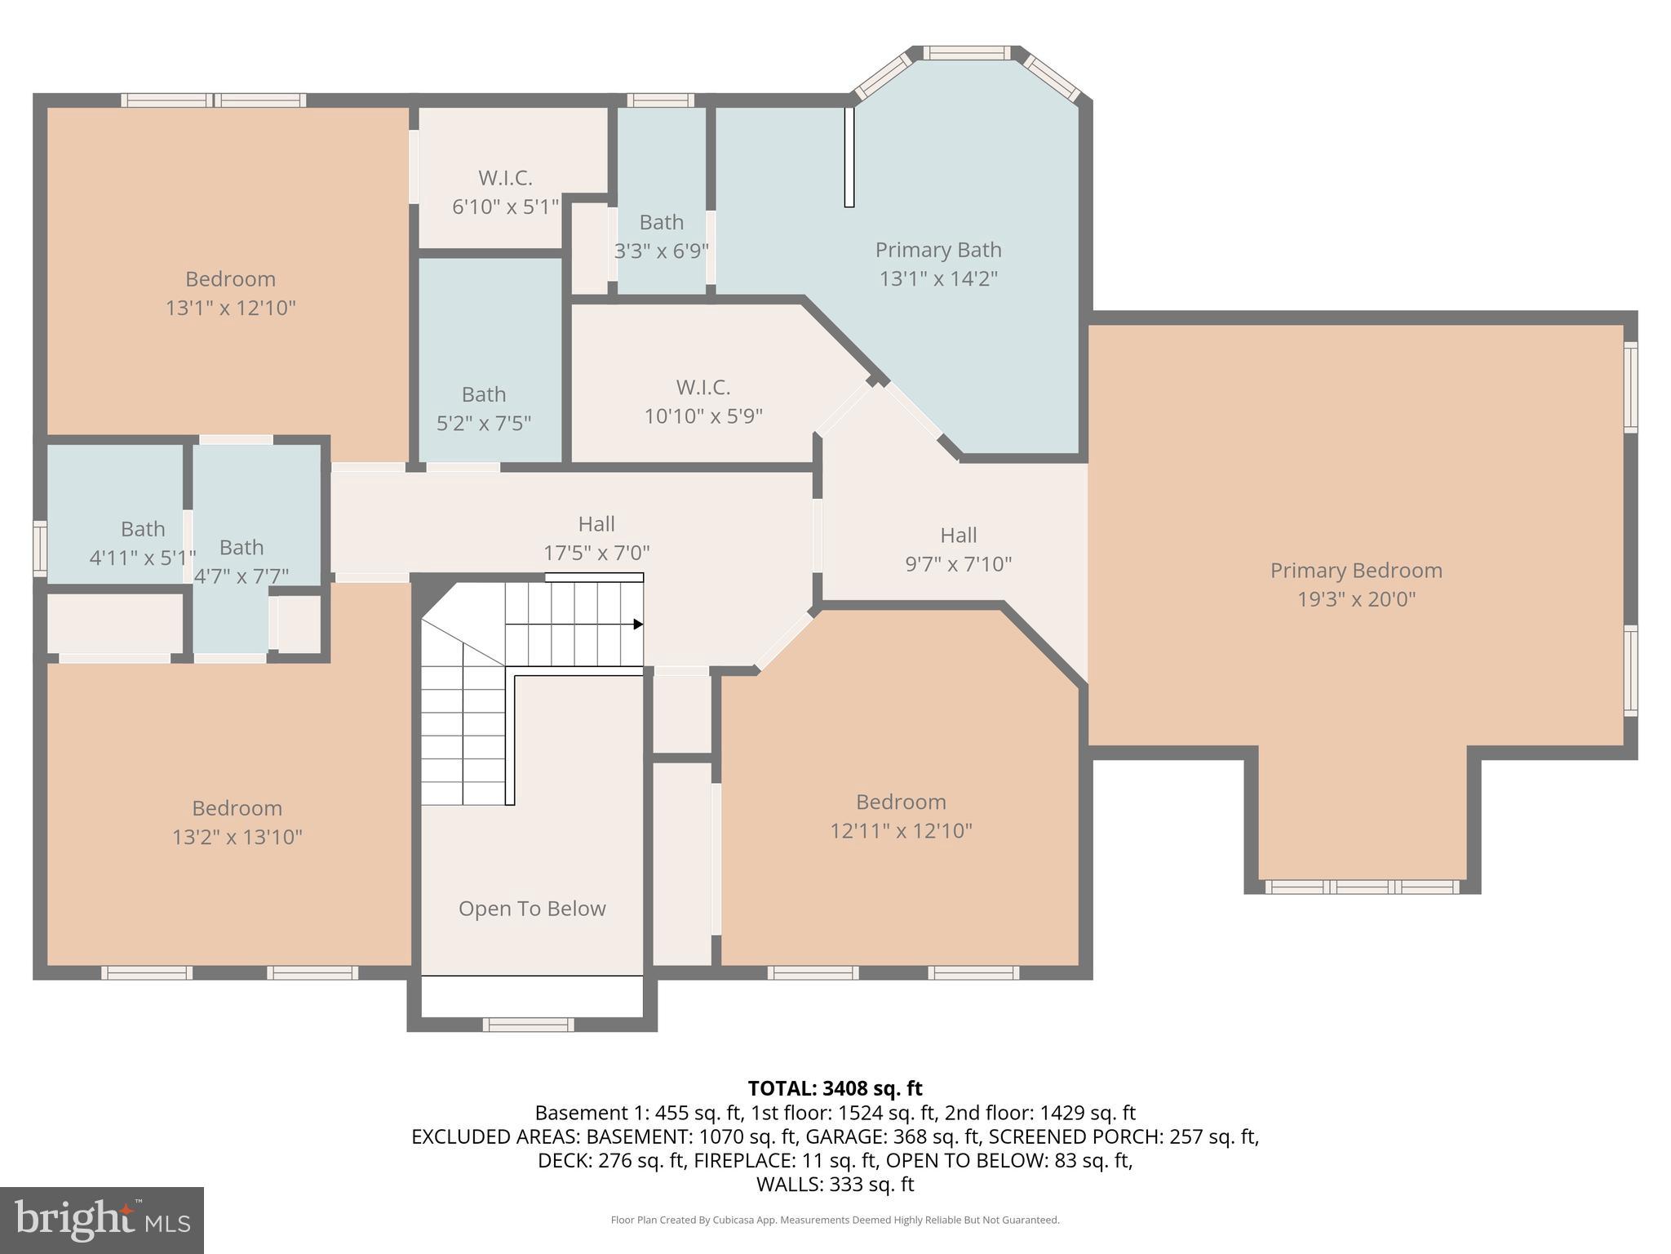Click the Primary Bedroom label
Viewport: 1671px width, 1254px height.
click(x=1356, y=571)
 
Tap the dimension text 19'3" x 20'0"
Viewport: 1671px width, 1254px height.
click(x=1356, y=599)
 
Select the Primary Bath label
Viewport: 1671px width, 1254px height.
click(x=938, y=250)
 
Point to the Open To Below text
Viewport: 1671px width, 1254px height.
click(x=532, y=909)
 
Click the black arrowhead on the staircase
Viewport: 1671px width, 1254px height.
click(x=638, y=625)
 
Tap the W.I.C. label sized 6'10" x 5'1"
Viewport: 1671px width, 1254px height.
click(x=505, y=178)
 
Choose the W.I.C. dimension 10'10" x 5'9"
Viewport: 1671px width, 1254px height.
click(x=703, y=416)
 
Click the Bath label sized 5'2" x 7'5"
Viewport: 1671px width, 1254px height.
click(x=484, y=394)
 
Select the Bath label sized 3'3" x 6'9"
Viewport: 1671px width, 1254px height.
click(x=661, y=222)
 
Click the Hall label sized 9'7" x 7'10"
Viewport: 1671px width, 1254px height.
click(x=958, y=536)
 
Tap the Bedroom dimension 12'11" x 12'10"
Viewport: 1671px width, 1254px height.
click(x=901, y=831)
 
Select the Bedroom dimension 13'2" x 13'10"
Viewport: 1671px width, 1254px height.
click(x=237, y=838)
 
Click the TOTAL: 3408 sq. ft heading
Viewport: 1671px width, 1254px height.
click(x=835, y=1088)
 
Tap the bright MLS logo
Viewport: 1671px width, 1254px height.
click(x=102, y=1220)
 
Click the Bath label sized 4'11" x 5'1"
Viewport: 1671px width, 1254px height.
click(x=143, y=529)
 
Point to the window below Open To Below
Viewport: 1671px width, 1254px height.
click(x=529, y=1025)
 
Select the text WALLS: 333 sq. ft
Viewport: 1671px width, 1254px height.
click(x=835, y=1185)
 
